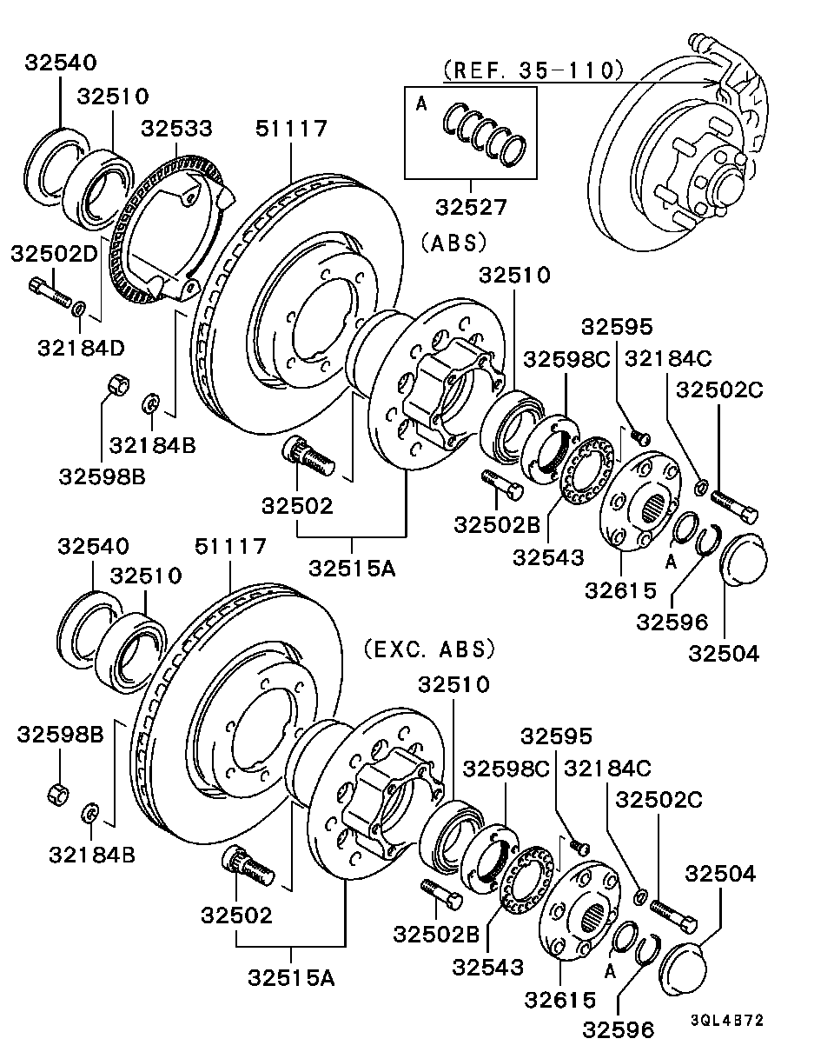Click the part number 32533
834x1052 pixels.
click(177, 129)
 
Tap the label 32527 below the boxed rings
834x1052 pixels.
click(472, 207)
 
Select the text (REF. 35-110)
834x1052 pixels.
click(533, 70)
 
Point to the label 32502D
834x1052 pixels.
click(55, 254)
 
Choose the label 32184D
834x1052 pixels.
click(82, 348)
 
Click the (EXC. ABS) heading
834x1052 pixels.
click(429, 649)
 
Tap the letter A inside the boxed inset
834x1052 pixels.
click(421, 103)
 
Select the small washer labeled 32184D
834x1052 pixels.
click(79, 309)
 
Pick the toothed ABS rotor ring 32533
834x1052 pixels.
click(169, 227)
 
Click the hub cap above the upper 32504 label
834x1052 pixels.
click(744, 559)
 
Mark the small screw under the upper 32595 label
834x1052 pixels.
click(640, 436)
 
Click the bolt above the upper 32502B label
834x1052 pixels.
click(502, 484)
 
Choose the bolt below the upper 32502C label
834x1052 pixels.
click(734, 506)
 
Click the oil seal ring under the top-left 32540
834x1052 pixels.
click(57, 166)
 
